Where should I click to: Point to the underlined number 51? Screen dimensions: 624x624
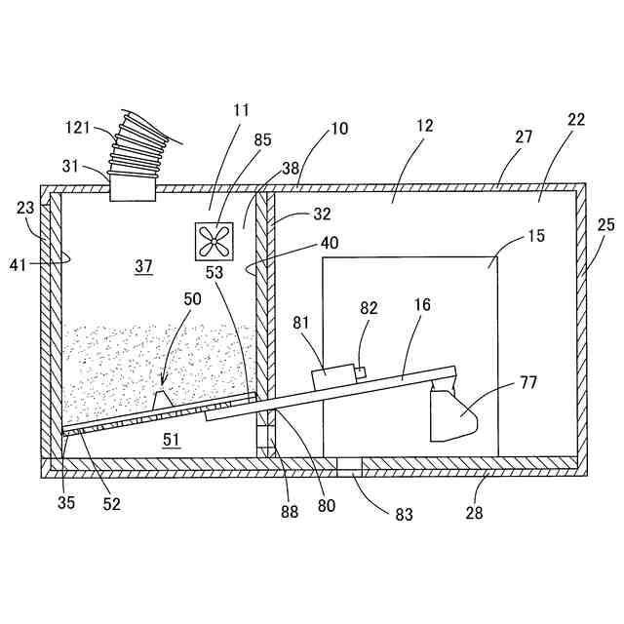coord(172,441)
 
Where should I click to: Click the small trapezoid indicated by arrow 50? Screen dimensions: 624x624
coord(163,399)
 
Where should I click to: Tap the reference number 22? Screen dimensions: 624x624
coord(575,119)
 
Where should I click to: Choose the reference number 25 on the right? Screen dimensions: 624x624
coord(605,225)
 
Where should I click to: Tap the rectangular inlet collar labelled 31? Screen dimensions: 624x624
coord(134,185)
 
